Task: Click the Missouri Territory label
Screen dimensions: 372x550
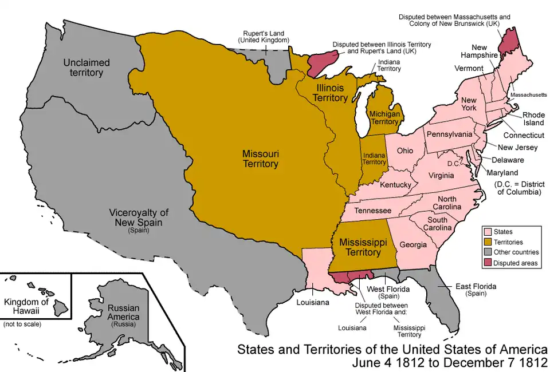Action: point(260,159)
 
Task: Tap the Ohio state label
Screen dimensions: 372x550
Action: point(405,151)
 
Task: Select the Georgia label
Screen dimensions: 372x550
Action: point(412,244)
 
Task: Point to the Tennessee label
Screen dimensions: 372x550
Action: point(372,211)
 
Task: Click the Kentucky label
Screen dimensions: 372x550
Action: point(395,185)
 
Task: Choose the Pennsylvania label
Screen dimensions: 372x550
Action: point(449,134)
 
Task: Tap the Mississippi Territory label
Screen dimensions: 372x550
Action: point(360,247)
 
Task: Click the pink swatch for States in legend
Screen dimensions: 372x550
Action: point(488,232)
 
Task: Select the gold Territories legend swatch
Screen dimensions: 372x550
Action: point(488,242)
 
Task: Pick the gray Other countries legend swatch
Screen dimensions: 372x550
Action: point(488,252)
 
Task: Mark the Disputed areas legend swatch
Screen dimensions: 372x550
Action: point(488,263)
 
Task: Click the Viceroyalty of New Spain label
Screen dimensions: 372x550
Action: point(139,218)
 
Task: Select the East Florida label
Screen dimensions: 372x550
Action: point(476,286)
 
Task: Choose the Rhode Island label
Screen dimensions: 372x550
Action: point(533,118)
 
